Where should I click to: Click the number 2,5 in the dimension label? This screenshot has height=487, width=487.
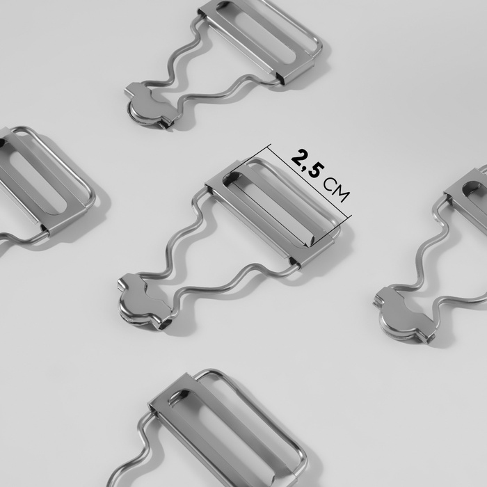point(308,163)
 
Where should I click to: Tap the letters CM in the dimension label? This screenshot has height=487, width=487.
point(336,190)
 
